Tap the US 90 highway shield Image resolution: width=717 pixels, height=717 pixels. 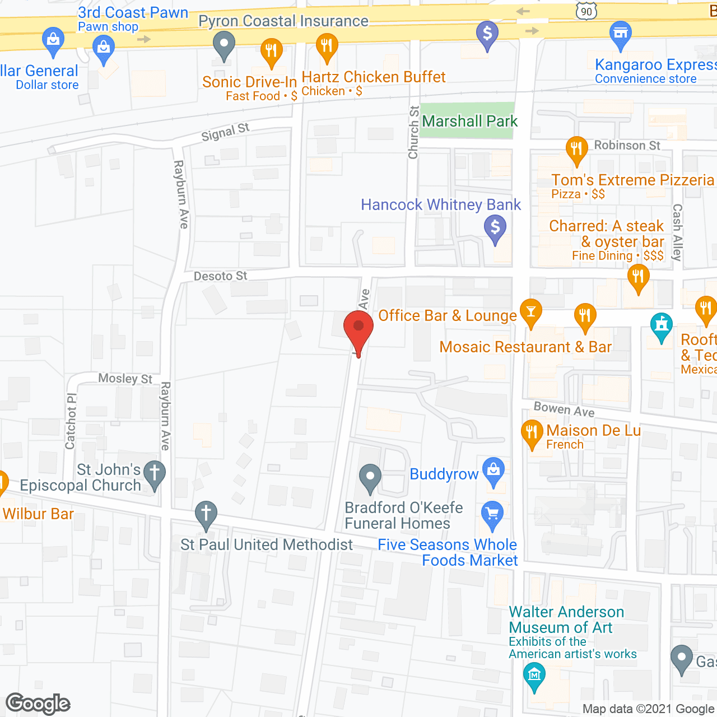586,11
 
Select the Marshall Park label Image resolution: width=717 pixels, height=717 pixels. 469,121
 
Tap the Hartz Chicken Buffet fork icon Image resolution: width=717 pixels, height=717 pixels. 327,45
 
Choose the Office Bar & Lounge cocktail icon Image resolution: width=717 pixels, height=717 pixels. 530,312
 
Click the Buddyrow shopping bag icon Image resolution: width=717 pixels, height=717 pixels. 493,471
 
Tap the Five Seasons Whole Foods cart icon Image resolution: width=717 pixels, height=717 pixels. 492,514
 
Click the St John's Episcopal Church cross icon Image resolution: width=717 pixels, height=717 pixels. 155,473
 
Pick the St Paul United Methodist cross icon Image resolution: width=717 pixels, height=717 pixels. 206,514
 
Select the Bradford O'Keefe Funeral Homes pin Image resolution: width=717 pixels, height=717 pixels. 370,477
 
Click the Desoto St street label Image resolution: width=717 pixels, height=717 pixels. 220,276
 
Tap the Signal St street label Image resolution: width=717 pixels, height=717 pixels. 225,133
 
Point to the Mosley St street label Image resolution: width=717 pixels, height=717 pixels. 125,379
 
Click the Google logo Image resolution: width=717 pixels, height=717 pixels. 38,704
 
